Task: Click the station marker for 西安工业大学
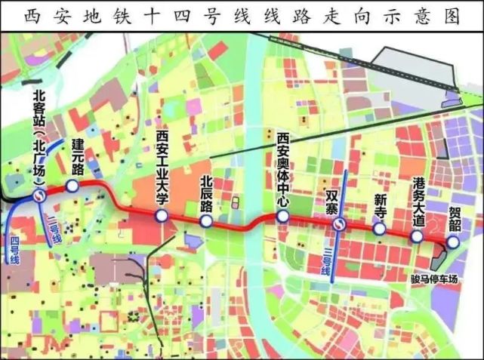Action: [162, 217]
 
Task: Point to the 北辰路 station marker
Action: [206, 221]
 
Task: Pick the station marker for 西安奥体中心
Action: [282, 217]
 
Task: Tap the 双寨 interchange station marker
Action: [341, 225]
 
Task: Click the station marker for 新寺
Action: [380, 229]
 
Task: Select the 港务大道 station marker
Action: [416, 236]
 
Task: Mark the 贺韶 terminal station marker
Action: [452, 242]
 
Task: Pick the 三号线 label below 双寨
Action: [327, 260]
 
